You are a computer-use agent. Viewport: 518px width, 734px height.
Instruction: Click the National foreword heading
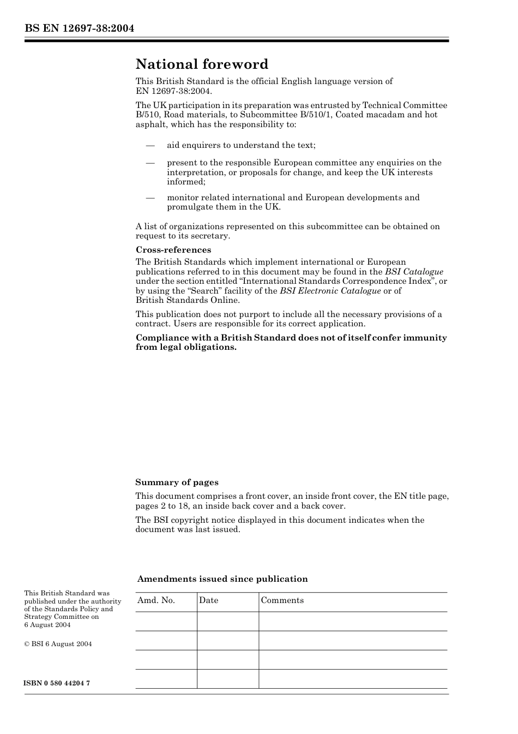(x=202, y=64)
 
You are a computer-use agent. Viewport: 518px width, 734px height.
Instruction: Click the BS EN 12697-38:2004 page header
(x=79, y=28)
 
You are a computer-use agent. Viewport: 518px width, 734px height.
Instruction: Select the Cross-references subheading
(x=173, y=250)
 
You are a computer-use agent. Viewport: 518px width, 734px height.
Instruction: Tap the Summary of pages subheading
(x=177, y=482)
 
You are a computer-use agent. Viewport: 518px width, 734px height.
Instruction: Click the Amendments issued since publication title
(x=222, y=579)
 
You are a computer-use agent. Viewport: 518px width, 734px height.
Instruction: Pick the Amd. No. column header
(x=156, y=600)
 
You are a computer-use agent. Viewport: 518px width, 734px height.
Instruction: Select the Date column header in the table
(x=208, y=600)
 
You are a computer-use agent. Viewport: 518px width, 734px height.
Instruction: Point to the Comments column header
(x=282, y=600)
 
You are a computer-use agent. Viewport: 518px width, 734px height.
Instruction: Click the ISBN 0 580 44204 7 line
(x=57, y=683)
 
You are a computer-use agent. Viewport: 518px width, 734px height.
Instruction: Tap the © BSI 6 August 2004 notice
(x=58, y=644)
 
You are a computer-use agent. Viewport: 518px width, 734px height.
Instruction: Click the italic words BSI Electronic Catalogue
(x=330, y=291)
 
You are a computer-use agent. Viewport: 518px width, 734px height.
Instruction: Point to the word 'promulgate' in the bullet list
(x=188, y=207)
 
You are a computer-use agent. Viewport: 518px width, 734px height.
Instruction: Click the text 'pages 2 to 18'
(x=162, y=506)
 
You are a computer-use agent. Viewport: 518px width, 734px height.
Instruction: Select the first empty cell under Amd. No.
(x=166, y=621)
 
